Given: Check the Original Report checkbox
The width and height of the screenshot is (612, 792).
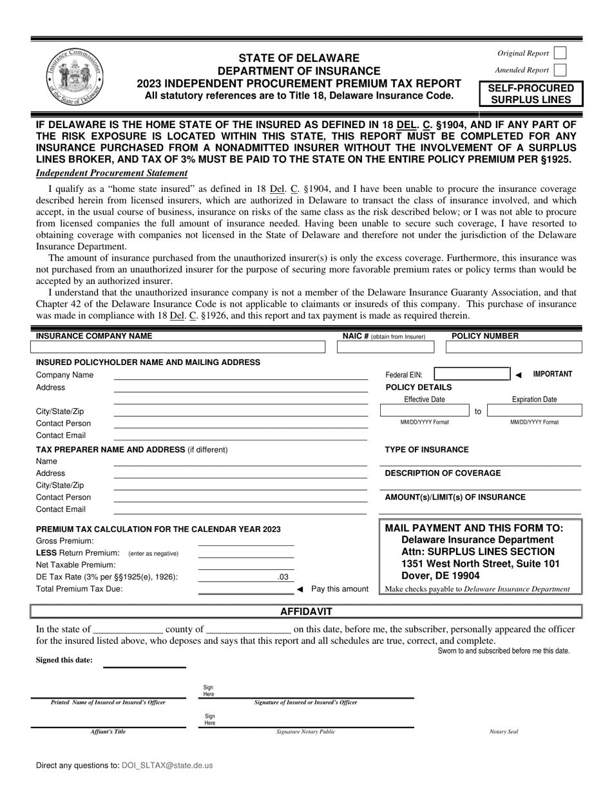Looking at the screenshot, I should pyautogui.click(x=560, y=53).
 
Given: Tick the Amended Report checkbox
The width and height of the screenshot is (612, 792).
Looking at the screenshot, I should pyautogui.click(x=560, y=70).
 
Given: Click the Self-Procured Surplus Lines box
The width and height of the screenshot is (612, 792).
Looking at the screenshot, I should pyautogui.click(x=531, y=94).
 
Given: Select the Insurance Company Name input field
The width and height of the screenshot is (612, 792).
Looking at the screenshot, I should pyautogui.click(x=178, y=347).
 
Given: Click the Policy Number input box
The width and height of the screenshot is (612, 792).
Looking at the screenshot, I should pyautogui.click(x=513, y=347).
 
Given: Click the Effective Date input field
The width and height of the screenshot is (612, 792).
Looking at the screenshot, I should pyautogui.click(x=424, y=411).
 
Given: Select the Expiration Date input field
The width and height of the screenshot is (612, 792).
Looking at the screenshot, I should pyautogui.click(x=534, y=411).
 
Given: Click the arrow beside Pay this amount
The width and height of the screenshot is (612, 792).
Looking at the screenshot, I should pyautogui.click(x=300, y=589).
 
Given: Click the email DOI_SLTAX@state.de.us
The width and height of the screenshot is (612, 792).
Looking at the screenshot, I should pyautogui.click(x=167, y=766).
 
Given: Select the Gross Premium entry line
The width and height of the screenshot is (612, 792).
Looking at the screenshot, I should pyautogui.click(x=245, y=541).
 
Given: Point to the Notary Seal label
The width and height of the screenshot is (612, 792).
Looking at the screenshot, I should pyautogui.click(x=504, y=731).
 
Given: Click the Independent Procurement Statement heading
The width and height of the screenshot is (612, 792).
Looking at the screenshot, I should pyautogui.click(x=111, y=173).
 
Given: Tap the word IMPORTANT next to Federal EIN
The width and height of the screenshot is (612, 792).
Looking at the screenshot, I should pyautogui.click(x=552, y=374).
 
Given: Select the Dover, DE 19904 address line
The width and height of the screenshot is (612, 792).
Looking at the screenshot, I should pyautogui.click(x=440, y=576).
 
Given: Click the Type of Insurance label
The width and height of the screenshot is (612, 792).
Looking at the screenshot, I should pyautogui.click(x=426, y=449).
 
